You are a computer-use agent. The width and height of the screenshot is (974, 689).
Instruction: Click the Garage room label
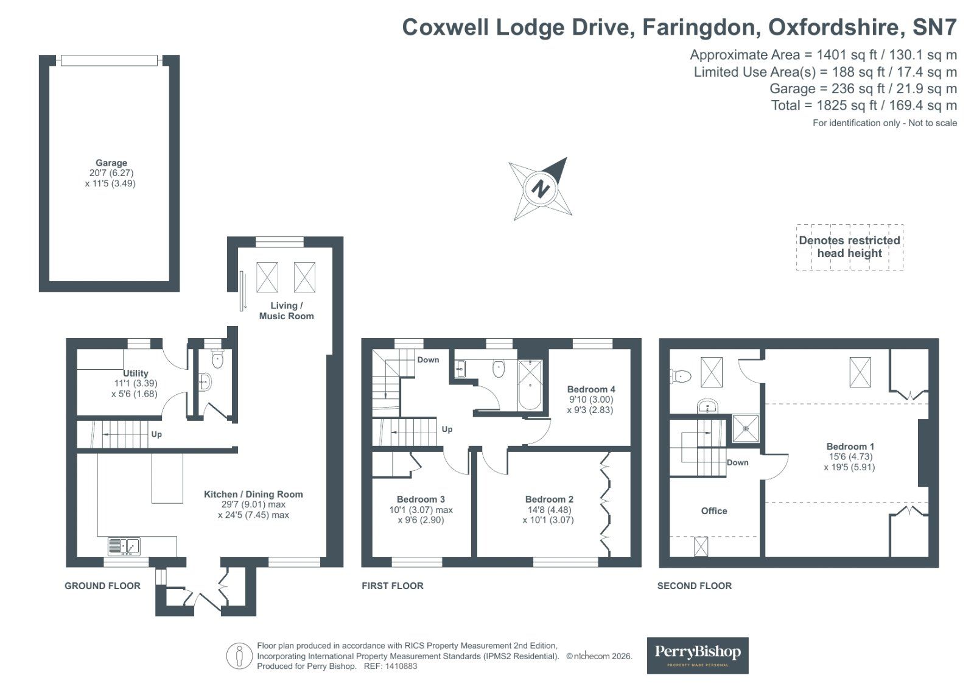[111, 163]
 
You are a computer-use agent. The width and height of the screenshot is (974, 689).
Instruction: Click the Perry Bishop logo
[697, 655]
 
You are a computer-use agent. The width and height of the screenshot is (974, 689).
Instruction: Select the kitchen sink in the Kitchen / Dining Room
[124, 546]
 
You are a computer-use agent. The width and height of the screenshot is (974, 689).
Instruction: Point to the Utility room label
[135, 373]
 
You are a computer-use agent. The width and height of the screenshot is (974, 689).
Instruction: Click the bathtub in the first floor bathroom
[530, 385]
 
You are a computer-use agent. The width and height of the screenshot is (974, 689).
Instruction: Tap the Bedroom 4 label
[590, 389]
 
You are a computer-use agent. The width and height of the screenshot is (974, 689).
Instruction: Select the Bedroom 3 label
[421, 500]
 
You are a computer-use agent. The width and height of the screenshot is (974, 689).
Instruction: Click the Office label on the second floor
[713, 511]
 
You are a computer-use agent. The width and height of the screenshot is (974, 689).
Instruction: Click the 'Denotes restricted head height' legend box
[849, 247]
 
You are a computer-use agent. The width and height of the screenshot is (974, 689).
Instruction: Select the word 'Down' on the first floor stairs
[428, 360]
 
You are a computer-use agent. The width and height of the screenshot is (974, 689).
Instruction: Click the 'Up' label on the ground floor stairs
[156, 434]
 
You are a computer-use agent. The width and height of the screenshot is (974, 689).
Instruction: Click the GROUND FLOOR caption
[102, 586]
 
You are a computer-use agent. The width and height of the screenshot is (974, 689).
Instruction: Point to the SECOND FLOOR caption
[694, 586]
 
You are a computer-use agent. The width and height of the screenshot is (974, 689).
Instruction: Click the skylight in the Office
[701, 546]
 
